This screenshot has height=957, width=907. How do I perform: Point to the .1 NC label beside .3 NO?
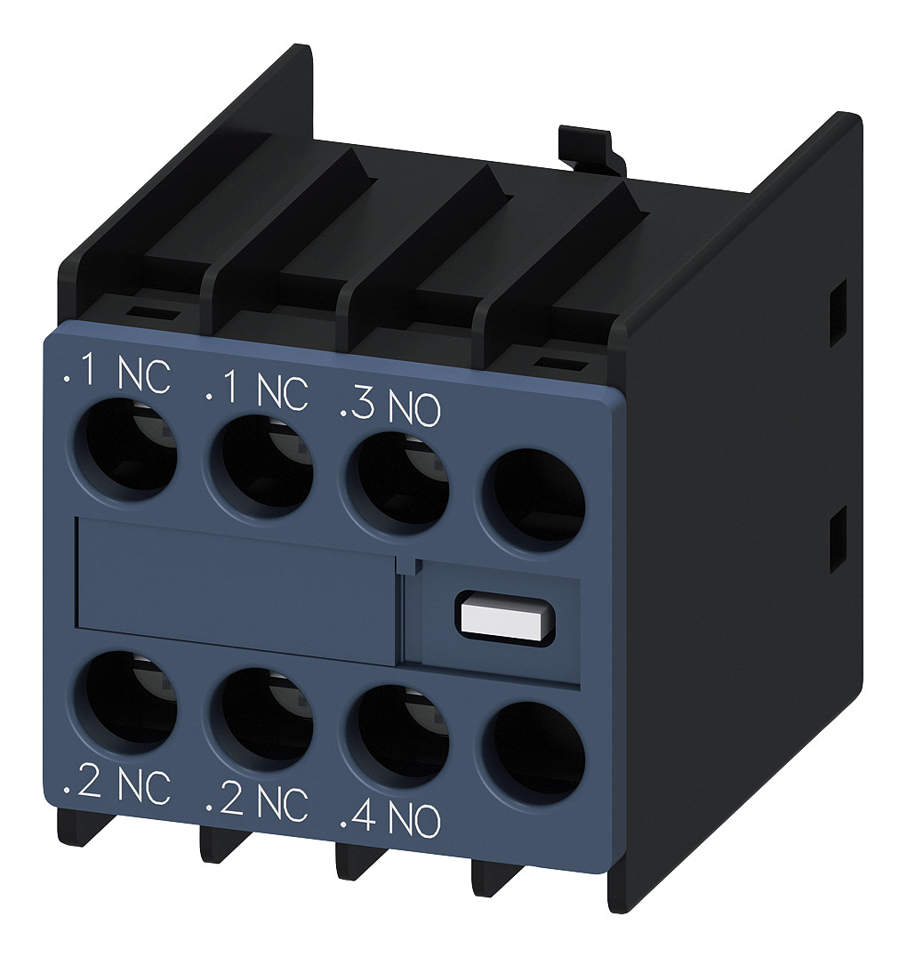click(256, 390)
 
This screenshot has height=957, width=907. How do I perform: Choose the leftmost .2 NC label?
click(116, 788)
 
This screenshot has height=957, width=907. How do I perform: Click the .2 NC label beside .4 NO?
click(256, 802)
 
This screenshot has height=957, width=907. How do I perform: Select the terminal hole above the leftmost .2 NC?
click(124, 698)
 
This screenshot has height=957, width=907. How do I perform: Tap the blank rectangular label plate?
click(236, 586)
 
